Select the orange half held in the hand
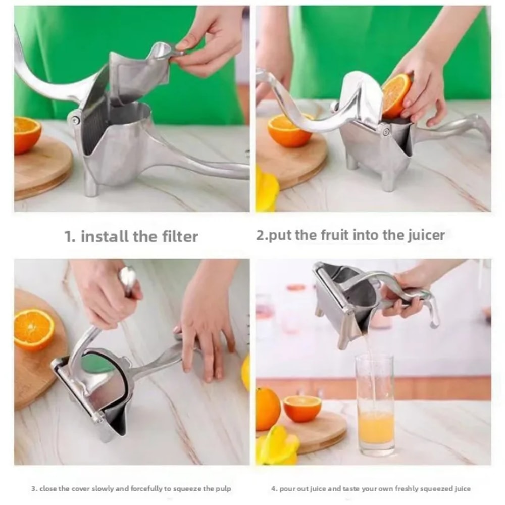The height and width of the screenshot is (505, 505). pyautogui.click(x=395, y=94)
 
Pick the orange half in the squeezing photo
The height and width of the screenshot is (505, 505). pyautogui.click(x=33, y=329)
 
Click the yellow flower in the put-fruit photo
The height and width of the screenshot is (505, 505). pyautogui.click(x=266, y=189)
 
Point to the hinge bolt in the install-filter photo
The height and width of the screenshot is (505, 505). pyautogui.click(x=75, y=120)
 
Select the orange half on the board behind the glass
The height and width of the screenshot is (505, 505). pyautogui.click(x=302, y=408)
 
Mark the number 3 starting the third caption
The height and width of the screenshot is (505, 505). pyautogui.click(x=33, y=489)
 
